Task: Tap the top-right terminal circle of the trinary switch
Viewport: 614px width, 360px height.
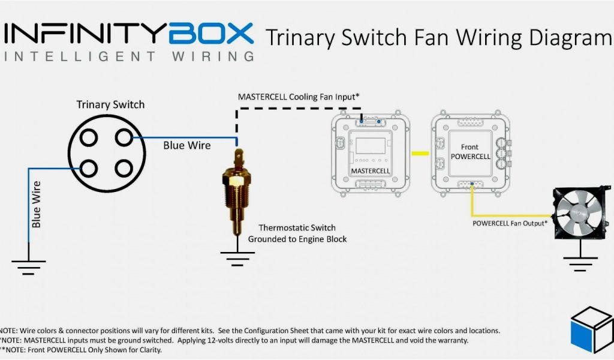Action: click(x=124, y=139)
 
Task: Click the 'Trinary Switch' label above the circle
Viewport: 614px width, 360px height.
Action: click(x=110, y=105)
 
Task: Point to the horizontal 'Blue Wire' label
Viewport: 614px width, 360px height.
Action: click(x=187, y=146)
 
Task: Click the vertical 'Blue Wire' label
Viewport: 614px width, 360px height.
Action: click(x=36, y=204)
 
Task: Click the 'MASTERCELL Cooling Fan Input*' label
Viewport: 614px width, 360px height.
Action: click(x=299, y=97)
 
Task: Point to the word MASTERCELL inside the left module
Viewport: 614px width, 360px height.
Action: click(x=370, y=171)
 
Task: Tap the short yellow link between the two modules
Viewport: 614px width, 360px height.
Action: click(x=420, y=153)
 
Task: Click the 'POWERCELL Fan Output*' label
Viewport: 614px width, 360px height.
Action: click(x=510, y=223)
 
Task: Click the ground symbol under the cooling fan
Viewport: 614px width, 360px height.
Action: click(x=580, y=262)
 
